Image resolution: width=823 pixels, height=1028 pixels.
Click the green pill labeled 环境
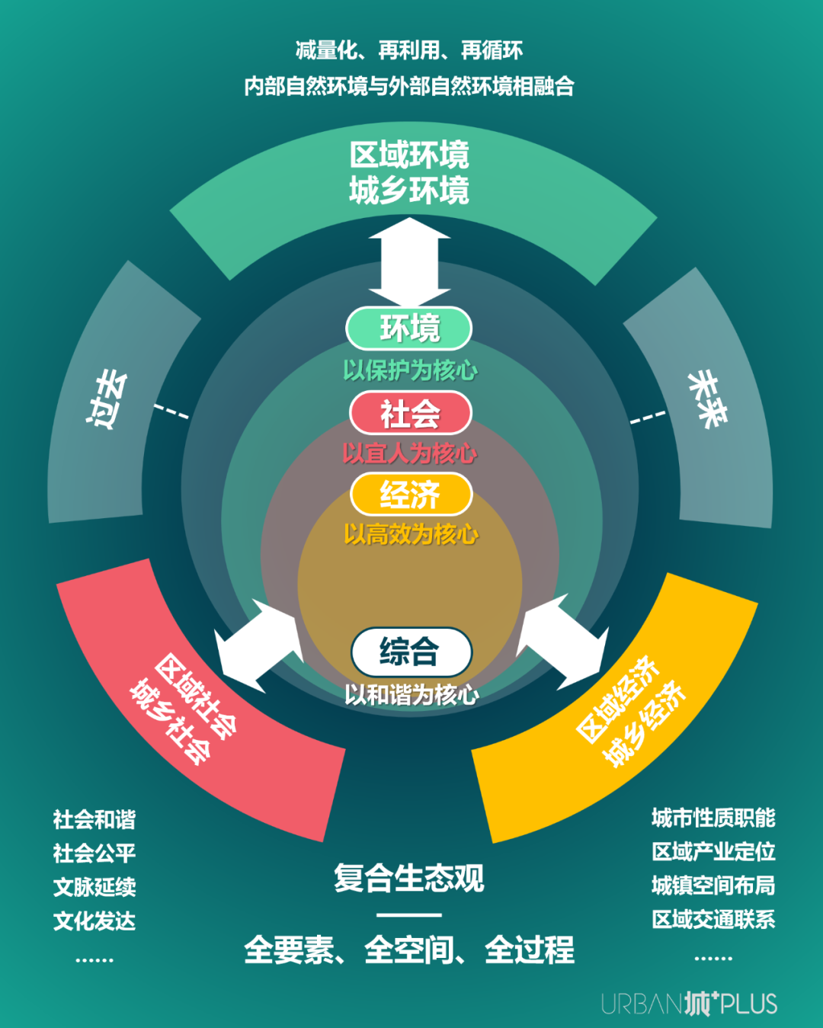pos(409,328)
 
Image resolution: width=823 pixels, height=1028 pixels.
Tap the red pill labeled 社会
pos(410,414)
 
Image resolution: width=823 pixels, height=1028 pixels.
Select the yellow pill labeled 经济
pos(411,495)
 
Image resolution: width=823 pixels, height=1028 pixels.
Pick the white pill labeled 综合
pos(411,652)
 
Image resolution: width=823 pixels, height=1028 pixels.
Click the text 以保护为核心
pos(410,370)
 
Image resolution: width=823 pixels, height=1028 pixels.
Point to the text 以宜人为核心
pos(410,453)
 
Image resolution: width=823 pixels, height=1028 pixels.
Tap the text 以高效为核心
pos(411,534)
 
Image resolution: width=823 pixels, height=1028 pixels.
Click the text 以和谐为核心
pos(411,694)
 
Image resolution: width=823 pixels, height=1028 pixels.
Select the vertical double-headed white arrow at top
pos(409,261)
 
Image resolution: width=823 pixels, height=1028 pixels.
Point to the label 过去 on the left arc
pos(106,399)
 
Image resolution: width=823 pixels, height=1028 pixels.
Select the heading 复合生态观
pos(409,878)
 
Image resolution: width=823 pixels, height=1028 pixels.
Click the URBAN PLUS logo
pos(689,1003)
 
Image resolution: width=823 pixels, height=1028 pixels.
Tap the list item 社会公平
pos(94,853)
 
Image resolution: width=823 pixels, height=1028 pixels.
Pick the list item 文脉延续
pos(94,887)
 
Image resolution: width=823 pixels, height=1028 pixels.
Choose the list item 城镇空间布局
pos(713,885)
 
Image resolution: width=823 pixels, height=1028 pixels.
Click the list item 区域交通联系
pos(713,919)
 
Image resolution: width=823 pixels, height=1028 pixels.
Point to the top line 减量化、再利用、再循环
pos(409,51)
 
